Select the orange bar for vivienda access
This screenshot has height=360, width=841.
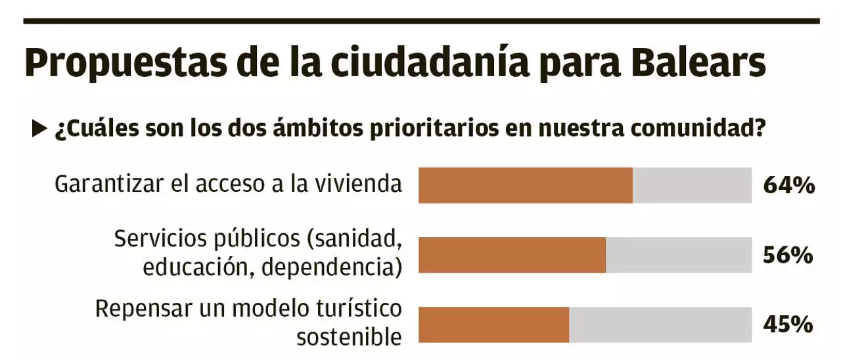click(x=526, y=185)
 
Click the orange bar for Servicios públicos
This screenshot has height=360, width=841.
click(x=512, y=255)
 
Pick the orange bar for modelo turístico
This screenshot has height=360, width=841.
click(x=493, y=325)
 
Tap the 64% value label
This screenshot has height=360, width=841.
click(x=788, y=186)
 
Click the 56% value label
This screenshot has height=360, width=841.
click(x=788, y=256)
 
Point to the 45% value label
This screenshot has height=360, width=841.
click(x=788, y=325)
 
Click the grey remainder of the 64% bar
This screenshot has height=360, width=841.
click(x=692, y=185)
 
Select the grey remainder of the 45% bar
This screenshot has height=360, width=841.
click(x=660, y=325)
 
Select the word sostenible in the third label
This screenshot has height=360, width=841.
click(x=349, y=336)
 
